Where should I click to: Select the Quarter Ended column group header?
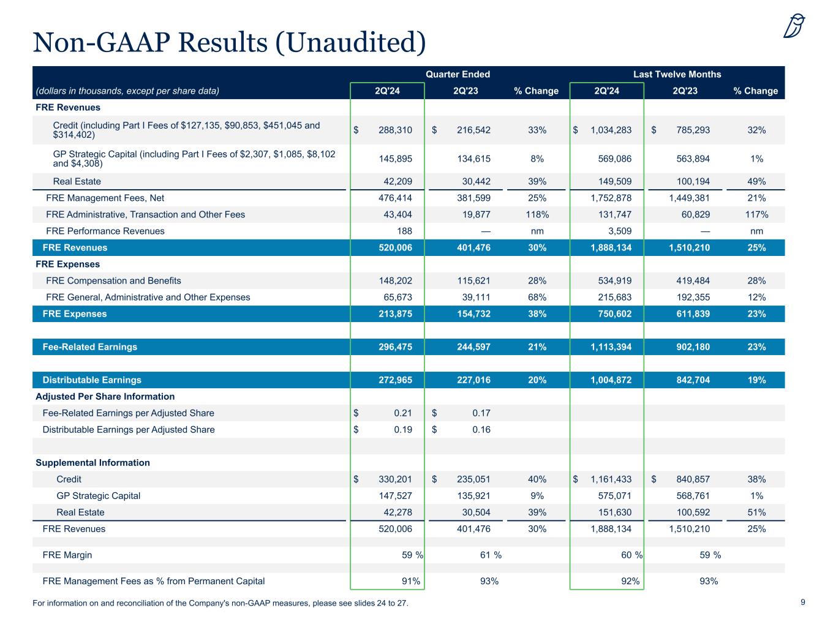[x=458, y=74]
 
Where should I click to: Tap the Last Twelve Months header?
[x=677, y=74]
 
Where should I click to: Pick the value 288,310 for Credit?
[x=396, y=130]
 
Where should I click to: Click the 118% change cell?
[x=537, y=214]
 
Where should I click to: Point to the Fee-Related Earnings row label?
[x=89, y=347]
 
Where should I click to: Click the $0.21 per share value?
[x=402, y=413]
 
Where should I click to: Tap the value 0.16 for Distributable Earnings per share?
[x=481, y=429]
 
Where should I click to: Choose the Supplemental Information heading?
[x=92, y=462]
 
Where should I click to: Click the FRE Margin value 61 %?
[x=490, y=555]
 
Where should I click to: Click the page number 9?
[x=802, y=603]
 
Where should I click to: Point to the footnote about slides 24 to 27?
[x=220, y=603]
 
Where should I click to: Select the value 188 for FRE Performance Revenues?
[x=404, y=231]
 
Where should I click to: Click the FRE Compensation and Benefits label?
[x=113, y=280]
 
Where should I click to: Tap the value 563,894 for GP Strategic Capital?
[x=689, y=159]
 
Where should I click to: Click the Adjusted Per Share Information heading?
[x=105, y=396]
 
